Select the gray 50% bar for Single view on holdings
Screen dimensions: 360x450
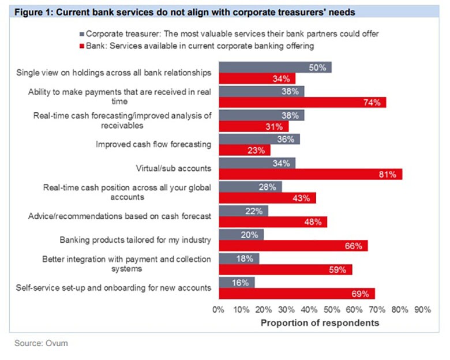(x=275, y=67)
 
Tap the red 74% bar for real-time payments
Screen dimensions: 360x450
(x=302, y=102)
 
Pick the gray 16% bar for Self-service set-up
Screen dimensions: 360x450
(x=237, y=282)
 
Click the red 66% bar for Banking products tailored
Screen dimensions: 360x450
(x=293, y=246)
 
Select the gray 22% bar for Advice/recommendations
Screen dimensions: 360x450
(x=243, y=211)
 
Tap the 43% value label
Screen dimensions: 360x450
(x=301, y=198)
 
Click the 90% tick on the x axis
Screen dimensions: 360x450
(x=422, y=310)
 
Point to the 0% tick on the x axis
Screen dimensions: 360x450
(x=219, y=310)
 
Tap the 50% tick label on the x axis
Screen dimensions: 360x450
(x=332, y=310)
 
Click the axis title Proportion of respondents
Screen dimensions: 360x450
(x=320, y=322)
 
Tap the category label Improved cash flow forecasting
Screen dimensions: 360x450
(x=153, y=144)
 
